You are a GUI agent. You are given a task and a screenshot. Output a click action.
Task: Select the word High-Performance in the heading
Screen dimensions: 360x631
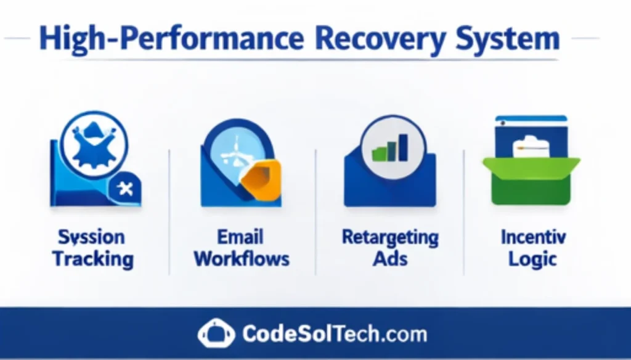click(171, 39)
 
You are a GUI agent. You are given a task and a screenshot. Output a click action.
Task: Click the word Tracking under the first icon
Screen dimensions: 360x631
click(93, 259)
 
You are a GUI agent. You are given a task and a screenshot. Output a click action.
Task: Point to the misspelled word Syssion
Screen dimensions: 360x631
click(91, 237)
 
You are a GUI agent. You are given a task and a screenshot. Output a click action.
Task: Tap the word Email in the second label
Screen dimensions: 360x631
click(240, 237)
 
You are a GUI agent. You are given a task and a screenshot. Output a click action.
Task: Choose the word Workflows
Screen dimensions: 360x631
click(242, 259)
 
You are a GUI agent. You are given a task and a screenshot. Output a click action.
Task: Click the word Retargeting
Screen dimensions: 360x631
click(390, 237)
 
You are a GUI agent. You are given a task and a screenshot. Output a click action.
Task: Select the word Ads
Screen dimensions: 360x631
click(390, 259)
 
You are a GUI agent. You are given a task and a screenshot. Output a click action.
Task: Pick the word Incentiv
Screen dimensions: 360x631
click(533, 237)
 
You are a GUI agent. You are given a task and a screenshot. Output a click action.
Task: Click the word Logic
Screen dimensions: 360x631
click(532, 259)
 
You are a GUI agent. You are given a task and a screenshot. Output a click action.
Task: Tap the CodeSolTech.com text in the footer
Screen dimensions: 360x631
click(335, 334)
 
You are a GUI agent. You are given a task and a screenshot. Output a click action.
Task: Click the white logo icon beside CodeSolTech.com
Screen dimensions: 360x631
click(216, 334)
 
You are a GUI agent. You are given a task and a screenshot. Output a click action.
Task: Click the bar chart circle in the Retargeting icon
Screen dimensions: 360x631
click(393, 147)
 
